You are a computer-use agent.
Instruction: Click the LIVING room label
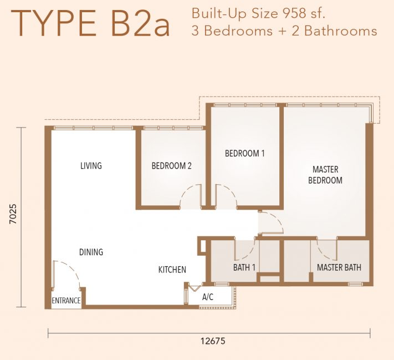pyautogui.click(x=91, y=166)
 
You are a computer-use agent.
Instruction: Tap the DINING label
pyautogui.click(x=91, y=252)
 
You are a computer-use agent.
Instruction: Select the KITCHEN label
pyautogui.click(x=172, y=270)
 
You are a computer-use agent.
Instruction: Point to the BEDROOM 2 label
pyautogui.click(x=171, y=166)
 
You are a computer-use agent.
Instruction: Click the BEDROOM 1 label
pyautogui.click(x=245, y=153)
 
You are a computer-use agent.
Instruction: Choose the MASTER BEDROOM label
pyautogui.click(x=325, y=175)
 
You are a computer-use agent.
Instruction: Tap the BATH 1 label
pyautogui.click(x=244, y=267)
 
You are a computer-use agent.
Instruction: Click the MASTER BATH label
pyautogui.click(x=339, y=267)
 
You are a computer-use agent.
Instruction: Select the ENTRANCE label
pyautogui.click(x=66, y=301)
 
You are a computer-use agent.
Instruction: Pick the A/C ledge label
pyautogui.click(x=208, y=297)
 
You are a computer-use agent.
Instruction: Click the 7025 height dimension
pyautogui.click(x=13, y=214)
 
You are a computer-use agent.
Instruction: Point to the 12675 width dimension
pyautogui.click(x=213, y=341)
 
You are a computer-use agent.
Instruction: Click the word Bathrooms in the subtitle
pyautogui.click(x=341, y=31)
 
